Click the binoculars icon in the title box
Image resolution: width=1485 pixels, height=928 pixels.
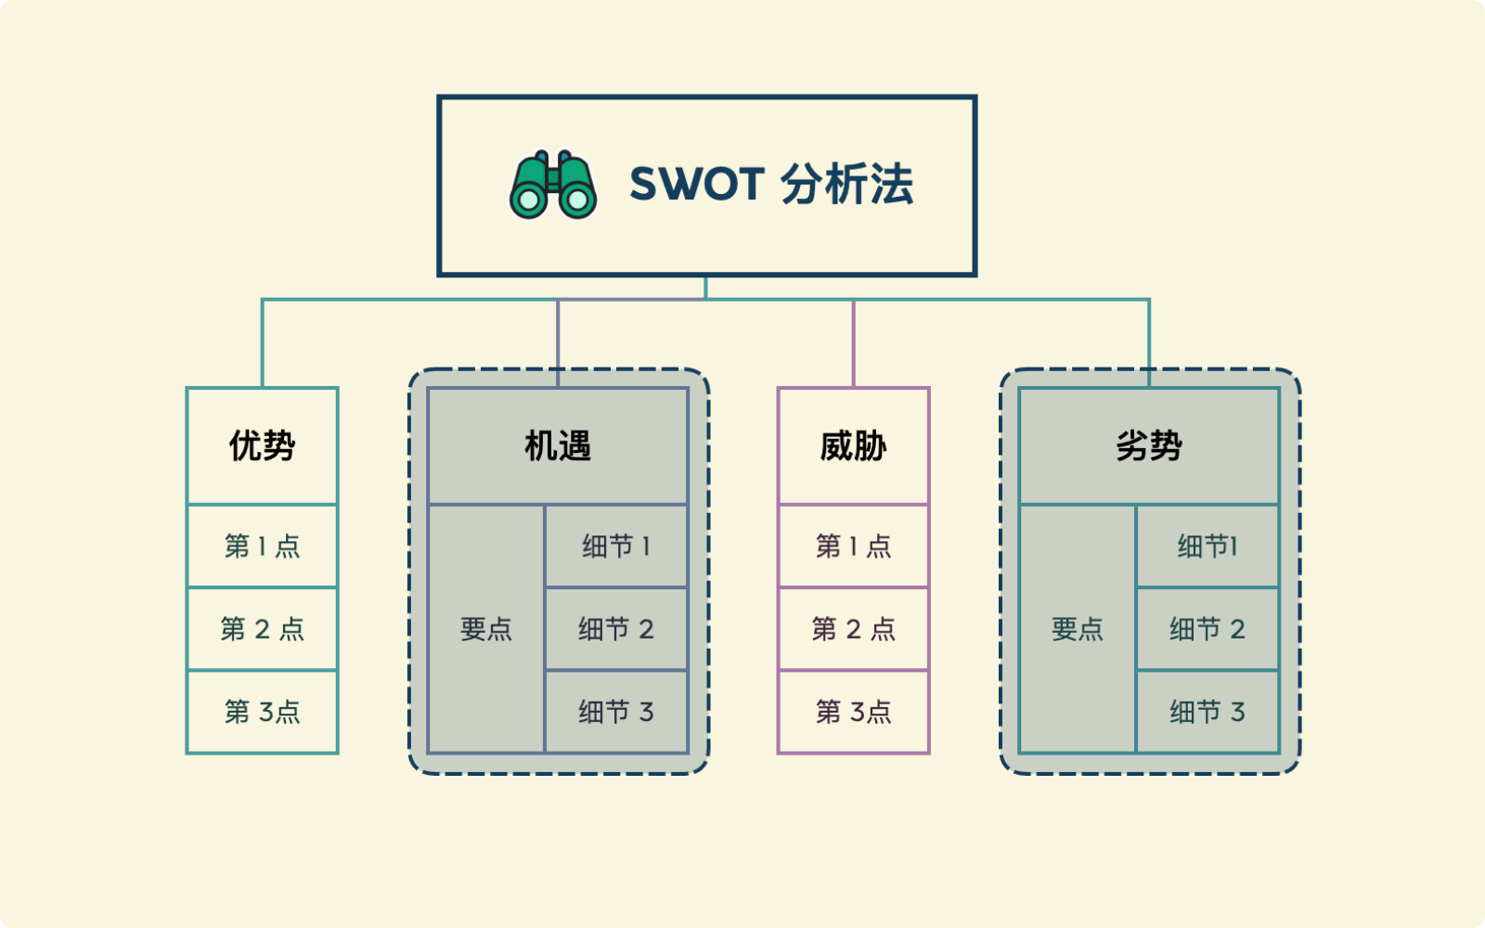[x=553, y=185]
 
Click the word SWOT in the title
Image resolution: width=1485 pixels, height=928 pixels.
[x=696, y=184]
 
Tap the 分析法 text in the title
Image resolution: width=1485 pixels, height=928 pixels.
[x=846, y=184]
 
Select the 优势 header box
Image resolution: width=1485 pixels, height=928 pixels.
[x=262, y=446]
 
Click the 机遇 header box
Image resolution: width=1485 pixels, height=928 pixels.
[x=557, y=446]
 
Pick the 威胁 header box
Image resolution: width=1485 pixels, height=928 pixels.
[x=853, y=446]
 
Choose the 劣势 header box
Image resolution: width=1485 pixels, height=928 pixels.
[x=1148, y=446]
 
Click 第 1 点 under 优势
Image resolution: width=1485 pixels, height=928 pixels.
[x=262, y=546]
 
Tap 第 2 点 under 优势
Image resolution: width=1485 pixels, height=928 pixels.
[x=262, y=629]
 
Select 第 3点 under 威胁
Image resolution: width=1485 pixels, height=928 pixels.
[x=853, y=712]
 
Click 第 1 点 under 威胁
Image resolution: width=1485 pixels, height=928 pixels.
[x=853, y=546]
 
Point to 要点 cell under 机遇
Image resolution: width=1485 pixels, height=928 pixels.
[x=486, y=629]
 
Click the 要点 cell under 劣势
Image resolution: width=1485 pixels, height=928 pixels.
[x=1077, y=629]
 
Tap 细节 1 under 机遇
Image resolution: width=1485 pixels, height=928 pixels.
[x=616, y=546]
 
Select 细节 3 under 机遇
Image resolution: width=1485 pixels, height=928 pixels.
[x=616, y=712]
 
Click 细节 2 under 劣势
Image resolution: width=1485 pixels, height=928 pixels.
[x=1207, y=629]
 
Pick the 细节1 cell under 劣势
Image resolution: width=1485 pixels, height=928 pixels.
[x=1207, y=546]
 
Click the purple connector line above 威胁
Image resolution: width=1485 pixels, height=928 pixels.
[x=853, y=343]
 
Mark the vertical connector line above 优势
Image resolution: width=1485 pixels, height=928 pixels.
[x=263, y=343]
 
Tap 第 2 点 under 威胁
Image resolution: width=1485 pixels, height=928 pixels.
[x=853, y=629]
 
